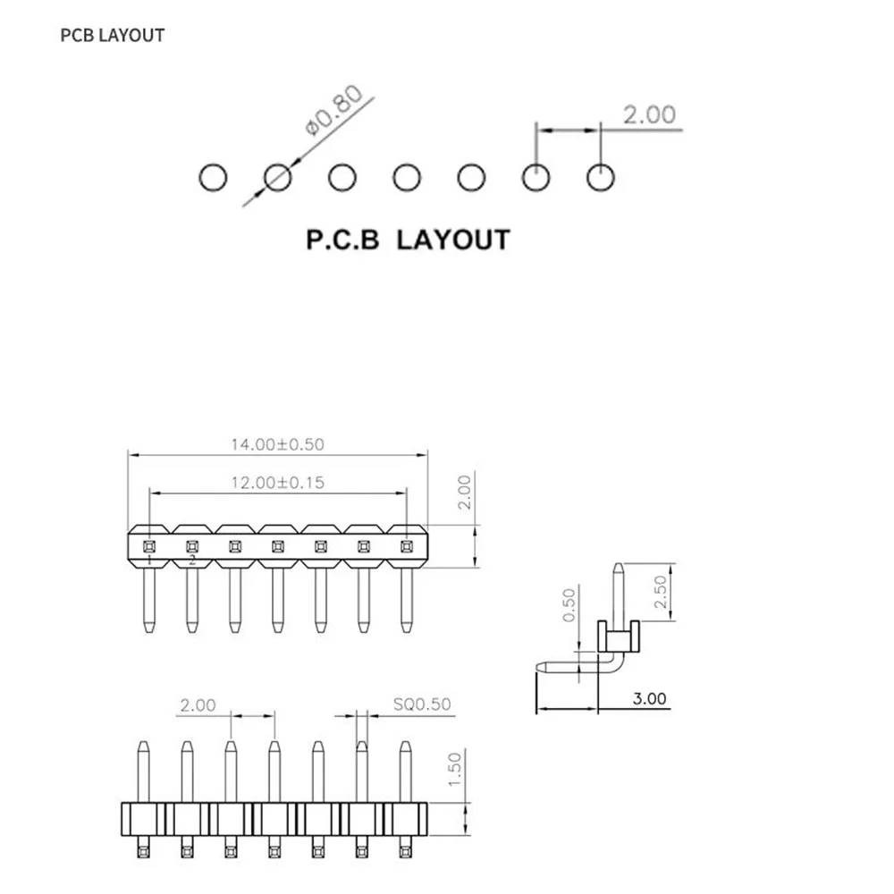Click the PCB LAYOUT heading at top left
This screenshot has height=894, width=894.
(113, 36)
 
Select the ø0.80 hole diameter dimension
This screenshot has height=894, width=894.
(334, 111)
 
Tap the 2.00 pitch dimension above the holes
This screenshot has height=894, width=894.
(649, 114)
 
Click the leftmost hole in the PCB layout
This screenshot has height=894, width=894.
(214, 177)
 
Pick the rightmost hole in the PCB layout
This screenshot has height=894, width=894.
(601, 177)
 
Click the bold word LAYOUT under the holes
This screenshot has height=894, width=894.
(453, 240)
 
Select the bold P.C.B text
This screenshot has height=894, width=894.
(342, 240)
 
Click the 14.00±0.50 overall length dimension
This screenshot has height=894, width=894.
(278, 444)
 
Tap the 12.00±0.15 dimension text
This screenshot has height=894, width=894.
(278, 483)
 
